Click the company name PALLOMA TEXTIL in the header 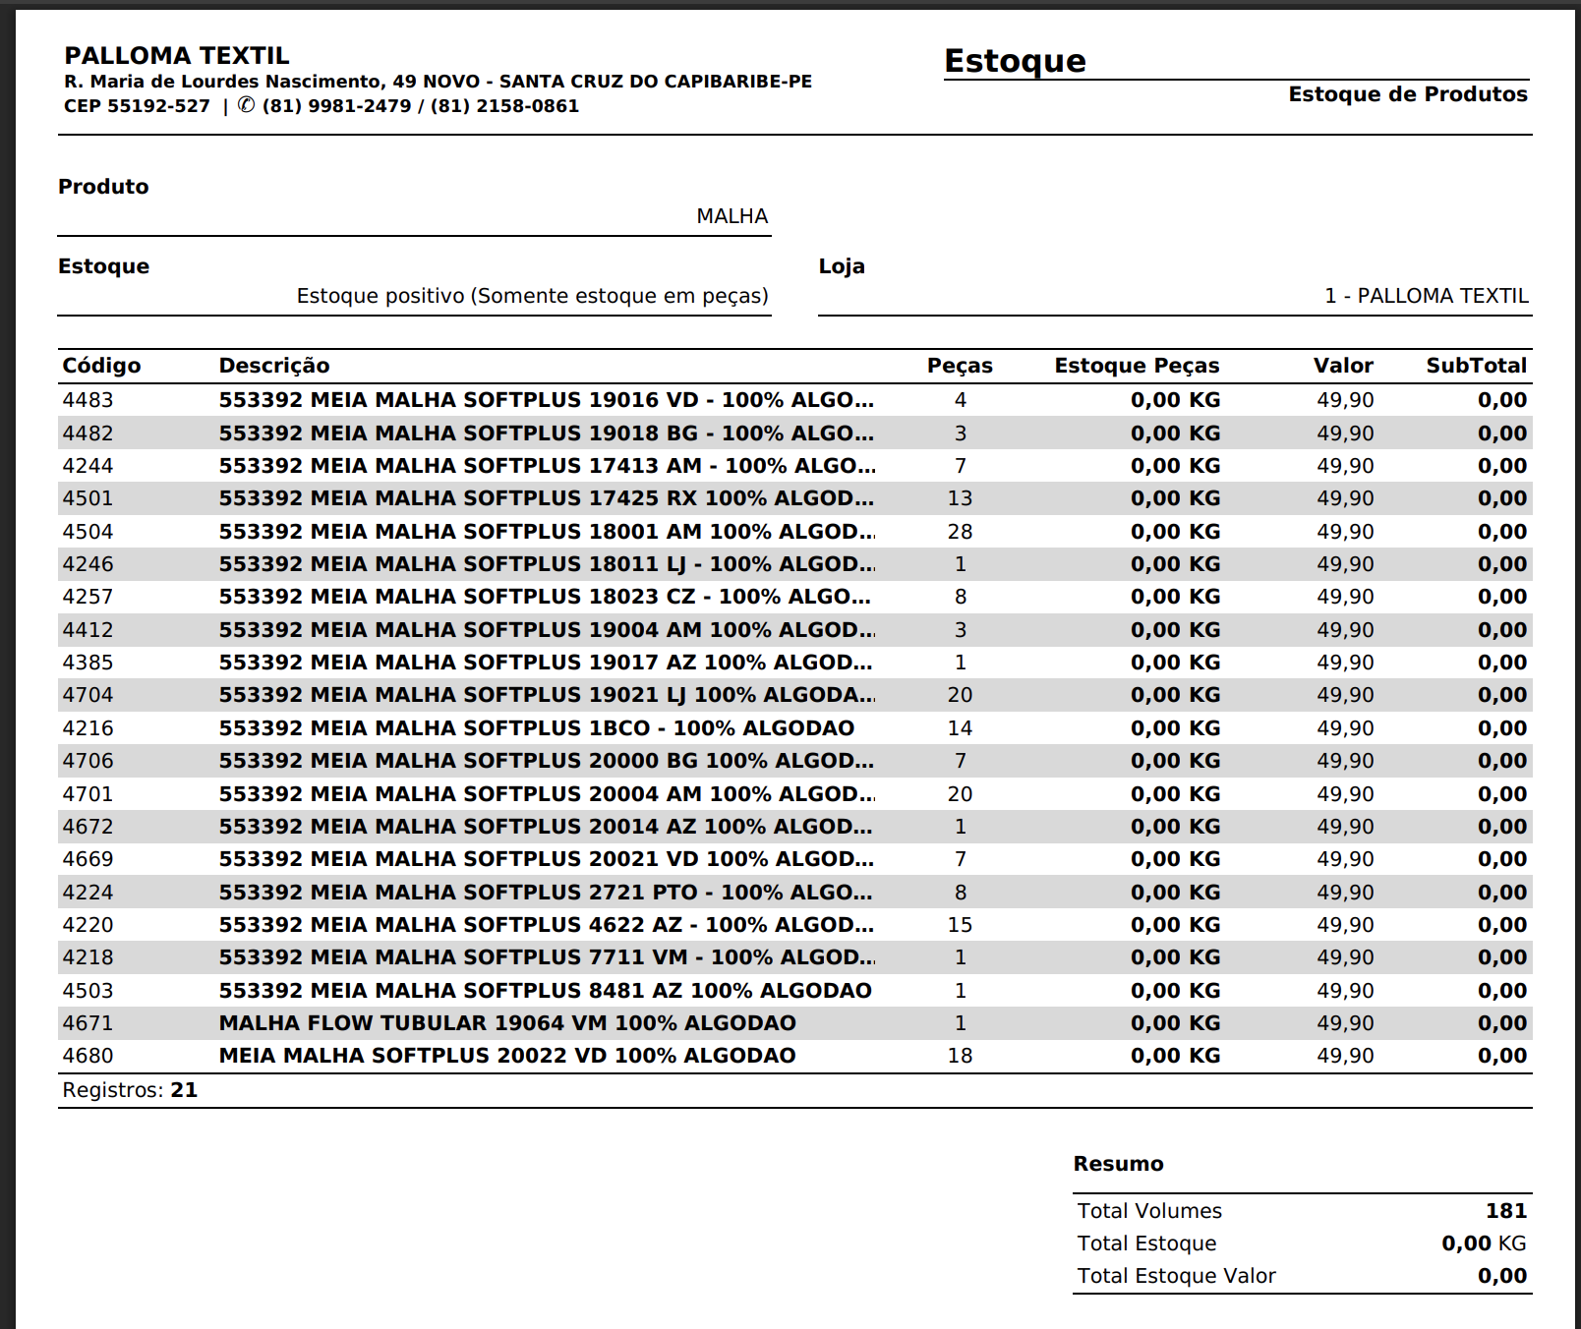pos(177,56)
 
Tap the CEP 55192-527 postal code pos(137,106)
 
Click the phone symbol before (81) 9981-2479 pos(246,105)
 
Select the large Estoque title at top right pos(1015,61)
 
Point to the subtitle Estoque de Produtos pos(1407,94)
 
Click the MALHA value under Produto pos(732,216)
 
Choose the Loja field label pos(842,266)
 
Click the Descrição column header pos(274,366)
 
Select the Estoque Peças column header pos(1137,366)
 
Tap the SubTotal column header pos(1476,366)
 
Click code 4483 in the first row pos(88,400)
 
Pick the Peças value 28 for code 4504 pos(960,532)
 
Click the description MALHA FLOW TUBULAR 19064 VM pos(507,1023)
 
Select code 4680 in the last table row pos(88,1056)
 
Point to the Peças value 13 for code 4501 pos(960,498)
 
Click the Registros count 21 pos(184,1090)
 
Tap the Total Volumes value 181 pos(1505,1211)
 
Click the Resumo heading pos(1118,1164)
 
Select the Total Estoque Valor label pos(1176,1276)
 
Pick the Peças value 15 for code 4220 pos(960,925)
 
